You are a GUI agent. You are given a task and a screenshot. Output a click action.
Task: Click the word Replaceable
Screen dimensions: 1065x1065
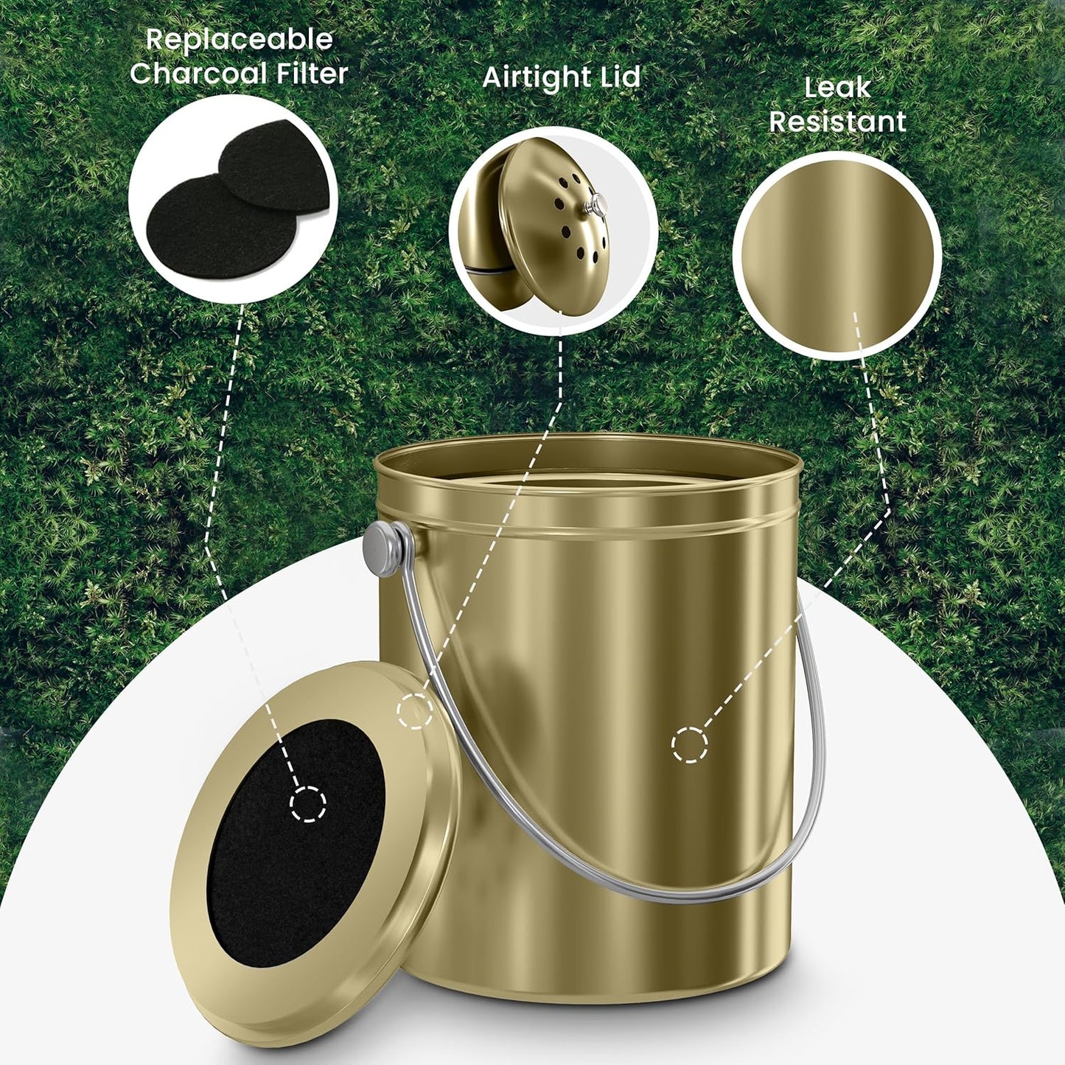239,40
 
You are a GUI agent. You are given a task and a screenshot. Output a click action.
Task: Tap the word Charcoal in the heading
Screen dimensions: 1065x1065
198,74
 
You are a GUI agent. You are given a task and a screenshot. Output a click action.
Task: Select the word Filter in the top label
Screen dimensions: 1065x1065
310,74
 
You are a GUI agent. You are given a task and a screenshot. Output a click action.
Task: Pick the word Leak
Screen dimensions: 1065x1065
837,88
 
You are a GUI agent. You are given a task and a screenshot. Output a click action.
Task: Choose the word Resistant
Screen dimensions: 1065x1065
837,122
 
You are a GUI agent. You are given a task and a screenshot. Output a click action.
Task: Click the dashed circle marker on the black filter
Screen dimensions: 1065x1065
308,803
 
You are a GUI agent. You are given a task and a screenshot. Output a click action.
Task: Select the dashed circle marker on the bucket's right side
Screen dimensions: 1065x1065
690,744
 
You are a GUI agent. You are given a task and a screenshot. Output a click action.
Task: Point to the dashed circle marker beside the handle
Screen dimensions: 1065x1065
415,711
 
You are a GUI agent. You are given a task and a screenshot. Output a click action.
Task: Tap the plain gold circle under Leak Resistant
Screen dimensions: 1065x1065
837,254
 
